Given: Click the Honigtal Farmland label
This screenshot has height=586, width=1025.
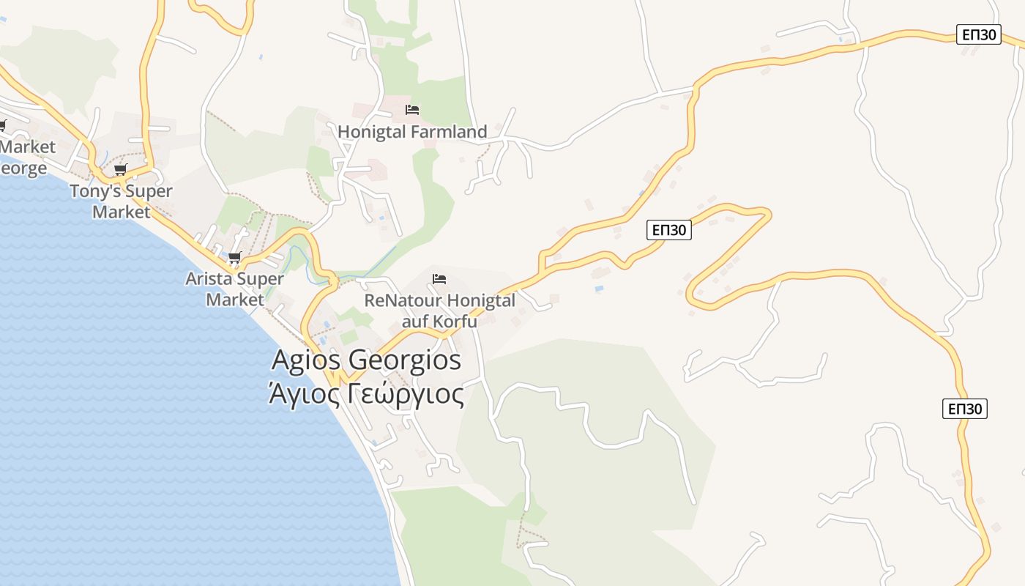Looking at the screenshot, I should pos(412,132).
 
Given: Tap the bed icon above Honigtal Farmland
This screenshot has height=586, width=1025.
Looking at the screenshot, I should pos(412,110).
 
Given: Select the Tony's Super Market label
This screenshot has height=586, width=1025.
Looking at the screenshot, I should pos(121,201).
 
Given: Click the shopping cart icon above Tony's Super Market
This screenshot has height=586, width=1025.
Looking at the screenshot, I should pos(120,170).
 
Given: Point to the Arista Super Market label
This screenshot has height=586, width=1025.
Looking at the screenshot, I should pos(234,289).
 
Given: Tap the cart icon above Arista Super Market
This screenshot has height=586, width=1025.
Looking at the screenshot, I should pos(234,257).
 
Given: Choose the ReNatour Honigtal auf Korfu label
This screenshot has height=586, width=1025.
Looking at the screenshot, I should pos(439,311).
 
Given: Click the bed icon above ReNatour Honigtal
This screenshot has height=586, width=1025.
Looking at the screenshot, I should pos(439,279).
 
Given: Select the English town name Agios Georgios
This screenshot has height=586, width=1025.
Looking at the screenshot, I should pos(366,360).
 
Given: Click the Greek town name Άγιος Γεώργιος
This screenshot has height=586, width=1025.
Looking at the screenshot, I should pos(366,395).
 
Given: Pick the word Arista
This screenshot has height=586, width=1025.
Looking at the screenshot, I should pos(210,279).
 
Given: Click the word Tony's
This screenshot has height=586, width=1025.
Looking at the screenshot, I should pos(93,191).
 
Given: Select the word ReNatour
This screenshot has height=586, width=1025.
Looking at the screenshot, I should pos(402,301).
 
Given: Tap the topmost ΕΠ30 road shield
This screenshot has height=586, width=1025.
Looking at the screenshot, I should pos(978,34).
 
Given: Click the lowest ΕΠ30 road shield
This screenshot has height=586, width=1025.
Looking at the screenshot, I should pos(965,409).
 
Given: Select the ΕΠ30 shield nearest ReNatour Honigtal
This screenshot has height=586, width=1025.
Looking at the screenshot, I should pos(669,230).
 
